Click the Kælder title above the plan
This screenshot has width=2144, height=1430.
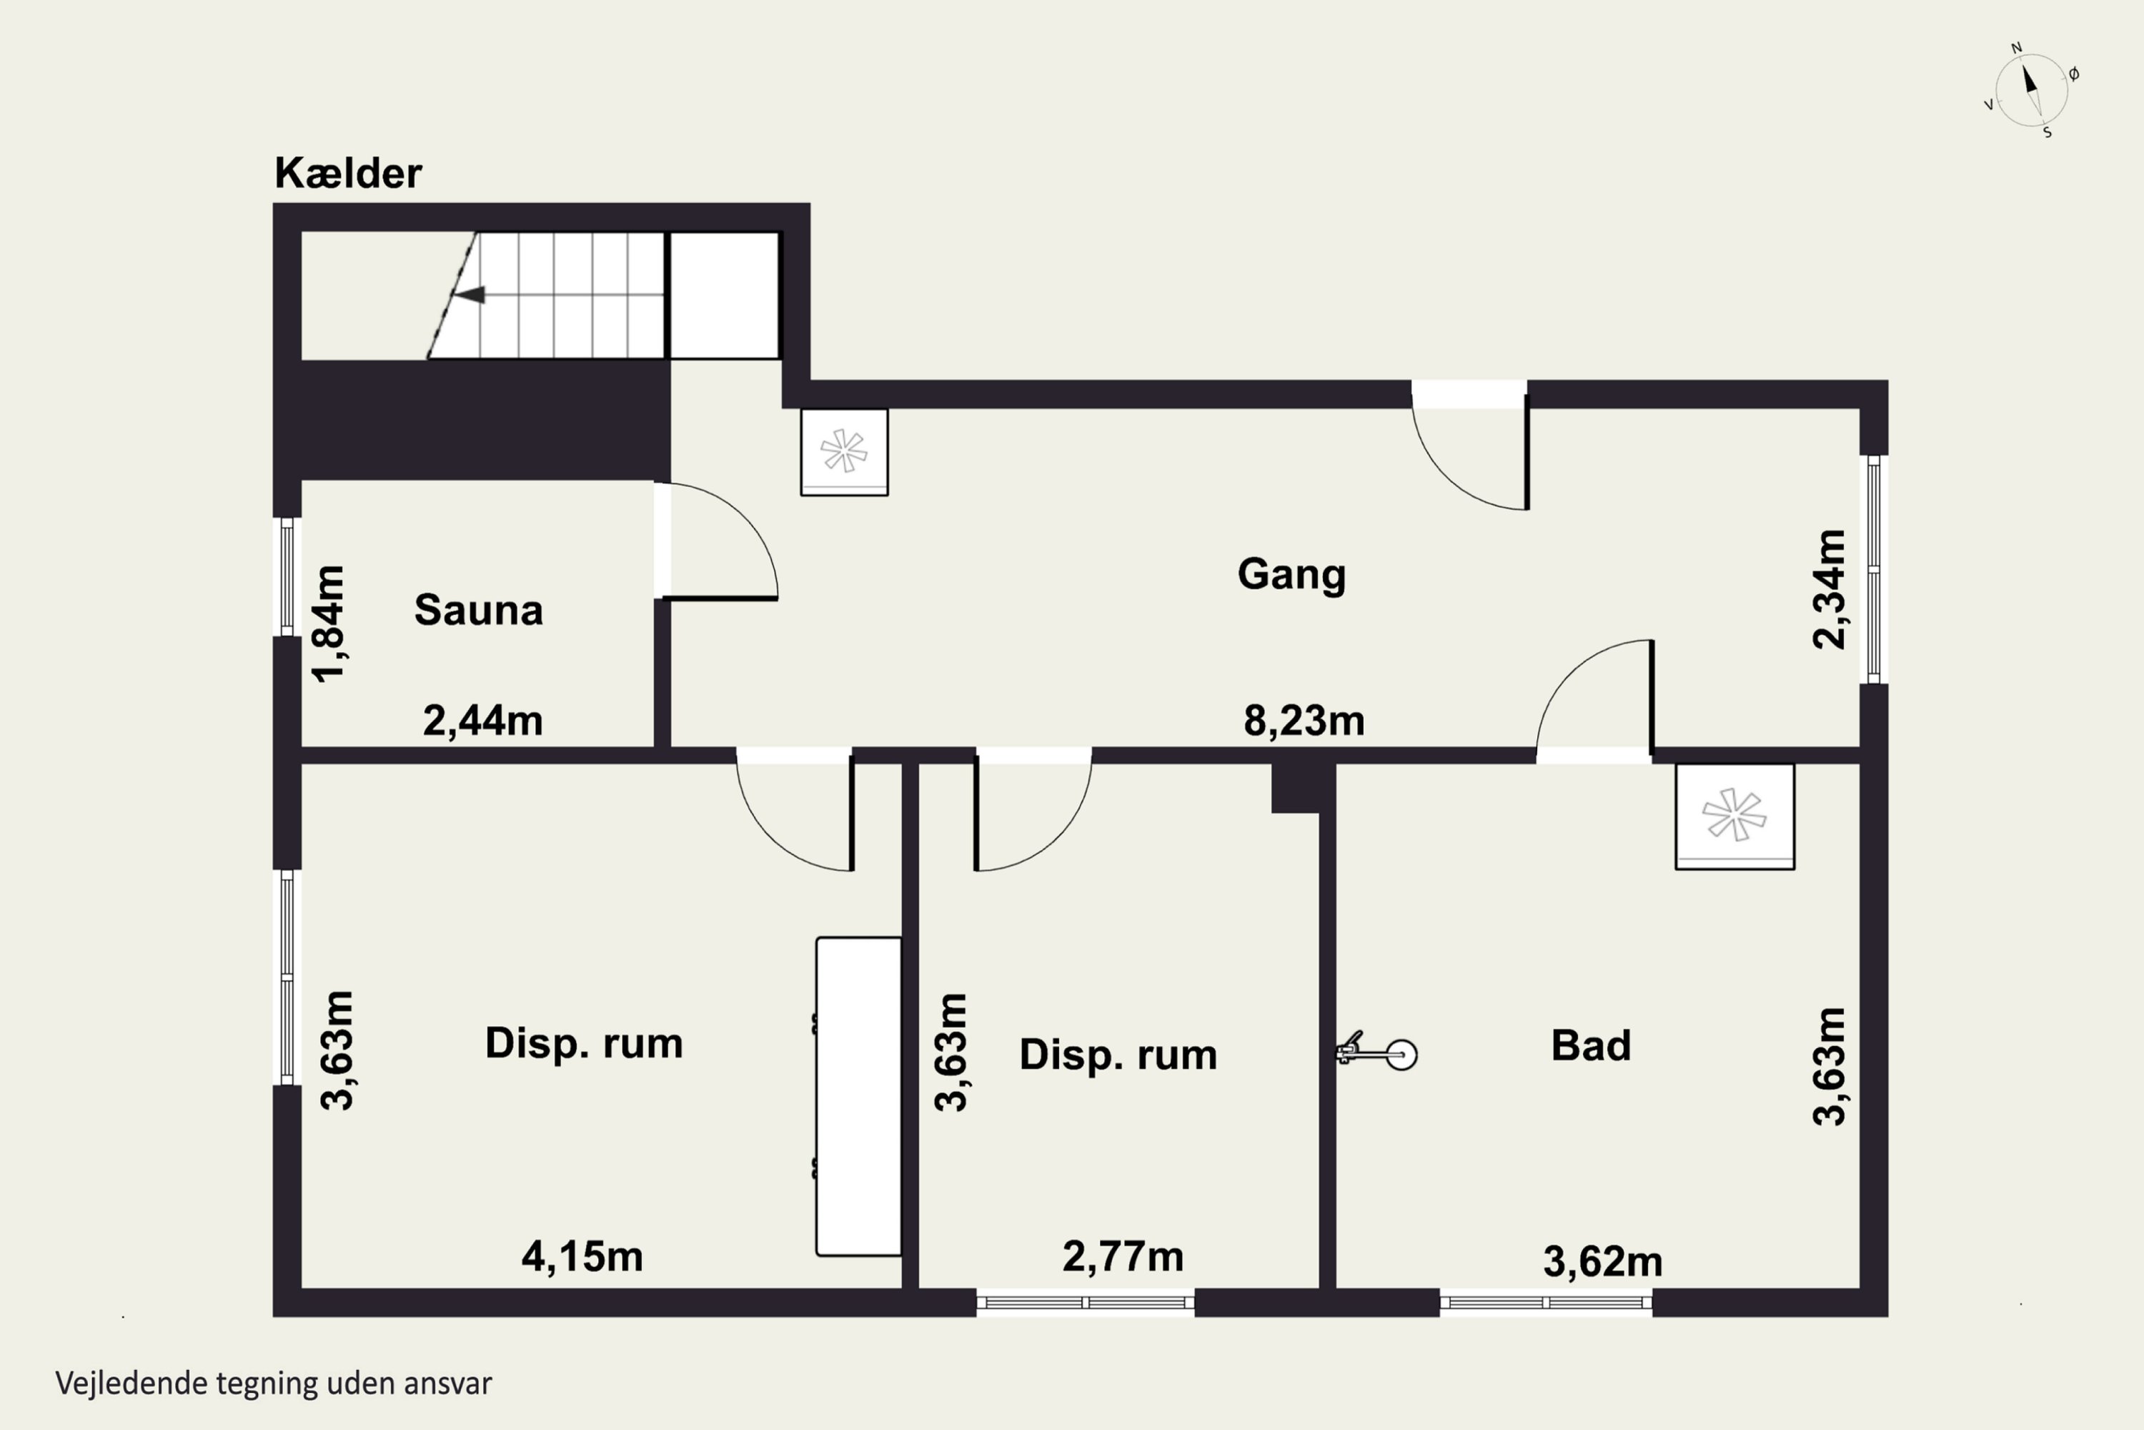(x=348, y=173)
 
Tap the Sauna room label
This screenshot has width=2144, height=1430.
(x=479, y=610)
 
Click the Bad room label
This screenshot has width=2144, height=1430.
(x=1591, y=1045)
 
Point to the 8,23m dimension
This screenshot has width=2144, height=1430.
(x=1304, y=721)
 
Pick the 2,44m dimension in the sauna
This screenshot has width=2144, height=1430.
(x=482, y=721)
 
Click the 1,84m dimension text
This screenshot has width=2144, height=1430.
(x=329, y=623)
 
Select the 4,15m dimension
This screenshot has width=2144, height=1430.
(x=582, y=1257)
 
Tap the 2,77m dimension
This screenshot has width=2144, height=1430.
(x=1123, y=1257)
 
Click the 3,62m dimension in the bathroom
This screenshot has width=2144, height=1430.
(x=1602, y=1262)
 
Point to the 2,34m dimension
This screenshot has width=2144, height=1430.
(x=1829, y=589)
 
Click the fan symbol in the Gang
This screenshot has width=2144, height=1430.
(x=844, y=451)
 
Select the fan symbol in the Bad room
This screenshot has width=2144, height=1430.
(x=1734, y=817)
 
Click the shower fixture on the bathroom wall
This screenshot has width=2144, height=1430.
(x=1377, y=1052)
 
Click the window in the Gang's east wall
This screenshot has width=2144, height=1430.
(x=1874, y=569)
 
